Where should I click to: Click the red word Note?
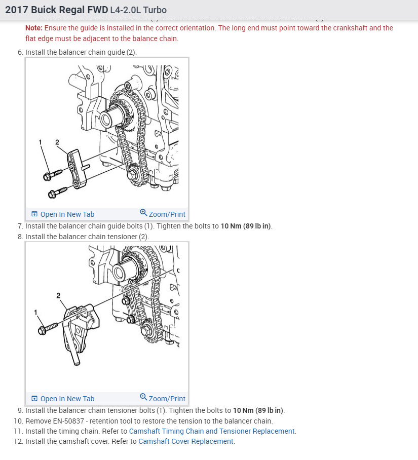point(34,28)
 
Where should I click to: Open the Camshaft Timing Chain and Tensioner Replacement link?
point(212,431)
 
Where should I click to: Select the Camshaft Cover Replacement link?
point(185,441)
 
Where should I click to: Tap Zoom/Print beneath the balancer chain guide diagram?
point(163,214)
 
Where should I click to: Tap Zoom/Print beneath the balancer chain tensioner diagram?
point(163,399)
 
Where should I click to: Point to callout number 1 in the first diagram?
point(41,143)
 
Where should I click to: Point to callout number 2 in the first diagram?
point(57,143)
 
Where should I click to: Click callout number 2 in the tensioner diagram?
point(58,295)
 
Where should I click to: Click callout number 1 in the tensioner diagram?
point(36,313)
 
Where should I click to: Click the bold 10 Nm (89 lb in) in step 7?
point(246,226)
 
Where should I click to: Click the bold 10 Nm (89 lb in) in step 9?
point(258,410)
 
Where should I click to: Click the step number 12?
point(18,441)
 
